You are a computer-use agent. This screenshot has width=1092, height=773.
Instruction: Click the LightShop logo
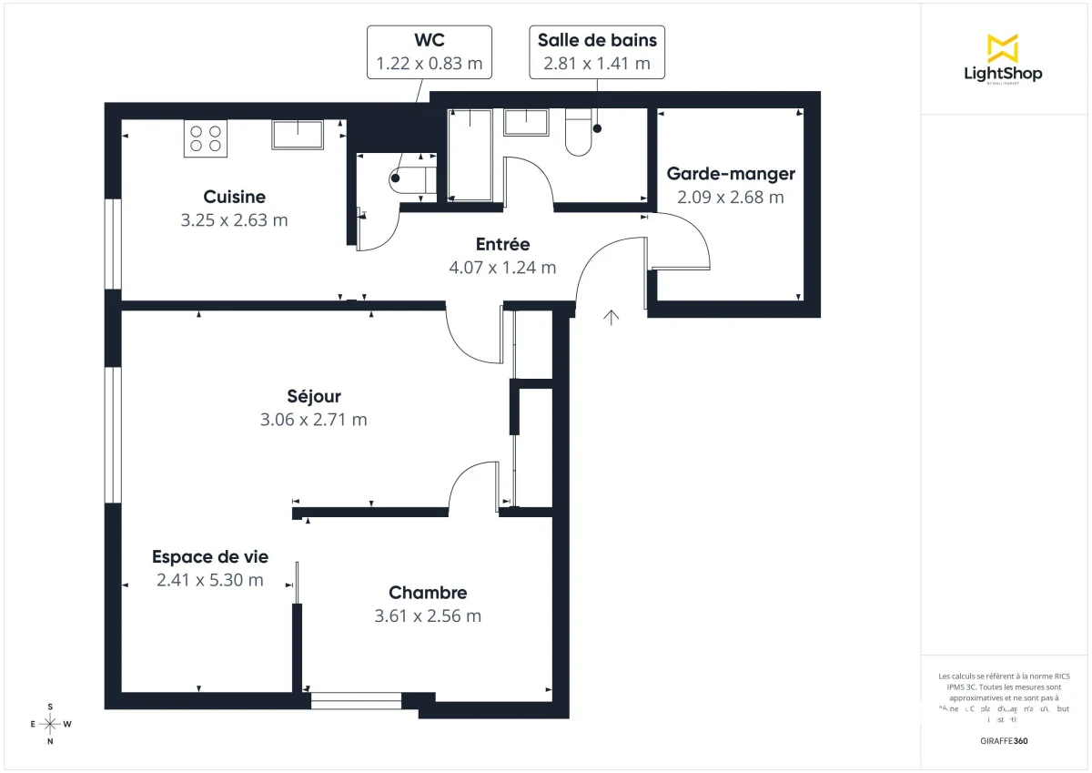tap(1003, 59)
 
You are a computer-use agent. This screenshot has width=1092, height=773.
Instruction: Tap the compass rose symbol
tap(50, 724)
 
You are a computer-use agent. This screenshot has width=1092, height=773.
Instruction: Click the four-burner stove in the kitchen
tap(205, 137)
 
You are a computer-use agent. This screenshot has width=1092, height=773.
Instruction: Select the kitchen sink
tap(298, 134)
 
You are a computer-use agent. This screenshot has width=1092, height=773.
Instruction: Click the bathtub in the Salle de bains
tap(470, 155)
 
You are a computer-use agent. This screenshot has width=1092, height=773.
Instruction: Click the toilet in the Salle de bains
tap(579, 133)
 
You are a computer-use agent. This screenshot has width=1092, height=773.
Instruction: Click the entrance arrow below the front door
tap(612, 317)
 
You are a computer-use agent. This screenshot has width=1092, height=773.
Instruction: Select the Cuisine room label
tap(234, 197)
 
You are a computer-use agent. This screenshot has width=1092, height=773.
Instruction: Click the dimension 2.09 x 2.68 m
tap(730, 197)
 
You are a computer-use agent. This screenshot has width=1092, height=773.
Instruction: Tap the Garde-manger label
tap(730, 174)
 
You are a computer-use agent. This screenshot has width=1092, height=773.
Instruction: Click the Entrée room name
tap(502, 244)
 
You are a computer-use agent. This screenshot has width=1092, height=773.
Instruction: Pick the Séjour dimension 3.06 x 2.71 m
tap(313, 420)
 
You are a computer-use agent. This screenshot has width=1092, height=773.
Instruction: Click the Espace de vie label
tap(210, 557)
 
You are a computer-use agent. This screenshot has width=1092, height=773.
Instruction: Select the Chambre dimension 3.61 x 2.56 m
tap(428, 615)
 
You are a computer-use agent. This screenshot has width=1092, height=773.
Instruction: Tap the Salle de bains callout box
tap(597, 52)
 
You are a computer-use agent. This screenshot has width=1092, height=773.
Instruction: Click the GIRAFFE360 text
tap(1003, 741)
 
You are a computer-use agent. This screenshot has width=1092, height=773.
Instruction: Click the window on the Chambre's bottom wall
tap(356, 700)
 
